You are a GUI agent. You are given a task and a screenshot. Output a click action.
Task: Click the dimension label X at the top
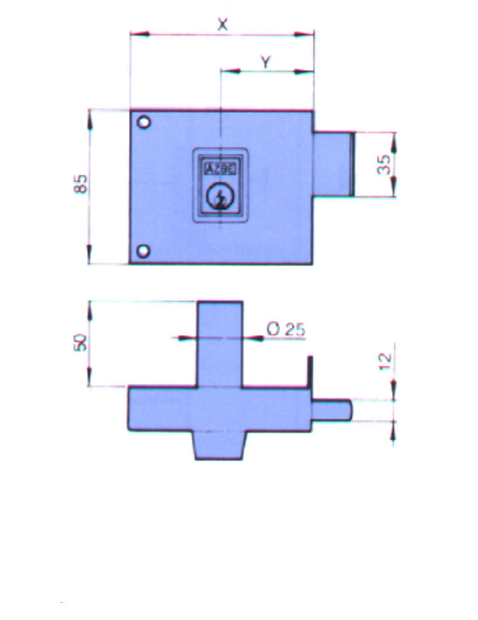pyautogui.click(x=223, y=25)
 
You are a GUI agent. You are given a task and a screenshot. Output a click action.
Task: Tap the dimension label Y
pyautogui.click(x=266, y=62)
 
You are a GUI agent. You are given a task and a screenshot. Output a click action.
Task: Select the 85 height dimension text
pyautogui.click(x=80, y=184)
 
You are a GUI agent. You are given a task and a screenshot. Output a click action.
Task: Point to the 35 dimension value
pyautogui.click(x=384, y=164)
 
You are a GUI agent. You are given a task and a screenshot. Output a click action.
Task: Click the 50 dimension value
pyautogui.click(x=80, y=342)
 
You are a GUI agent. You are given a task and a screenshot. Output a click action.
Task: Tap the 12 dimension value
pyautogui.click(x=384, y=361)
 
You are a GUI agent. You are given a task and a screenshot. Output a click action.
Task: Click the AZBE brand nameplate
pyautogui.click(x=220, y=169)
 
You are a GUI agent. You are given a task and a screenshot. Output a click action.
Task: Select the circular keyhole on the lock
pyautogui.click(x=220, y=196)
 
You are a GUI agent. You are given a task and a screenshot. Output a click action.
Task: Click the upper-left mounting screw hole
pyautogui.click(x=144, y=122)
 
